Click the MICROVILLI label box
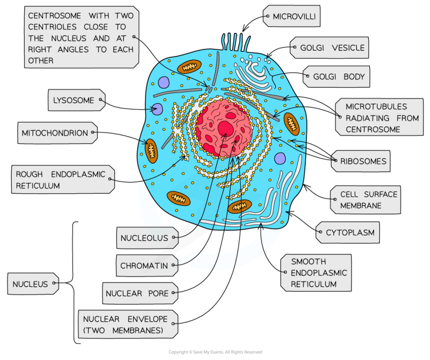(x=291, y=16)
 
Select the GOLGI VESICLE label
(x=329, y=48)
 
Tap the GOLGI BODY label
(x=336, y=76)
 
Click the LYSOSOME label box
(x=76, y=100)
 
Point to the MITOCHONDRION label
(x=58, y=133)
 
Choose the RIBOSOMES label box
(x=361, y=161)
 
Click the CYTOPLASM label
(x=348, y=232)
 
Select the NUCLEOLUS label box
(x=147, y=238)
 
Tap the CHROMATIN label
(x=147, y=265)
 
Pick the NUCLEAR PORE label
(x=140, y=293)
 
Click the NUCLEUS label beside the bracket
(x=33, y=284)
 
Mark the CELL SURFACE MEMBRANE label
(x=365, y=200)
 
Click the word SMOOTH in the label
(x=309, y=262)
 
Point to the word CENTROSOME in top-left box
(x=54, y=16)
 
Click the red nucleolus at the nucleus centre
(x=226, y=129)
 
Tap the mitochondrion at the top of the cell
(x=189, y=66)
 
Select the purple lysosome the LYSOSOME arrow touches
(x=157, y=109)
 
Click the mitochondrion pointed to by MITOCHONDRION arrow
(x=151, y=151)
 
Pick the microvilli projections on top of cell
(x=236, y=43)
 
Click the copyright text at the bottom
(x=216, y=352)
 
